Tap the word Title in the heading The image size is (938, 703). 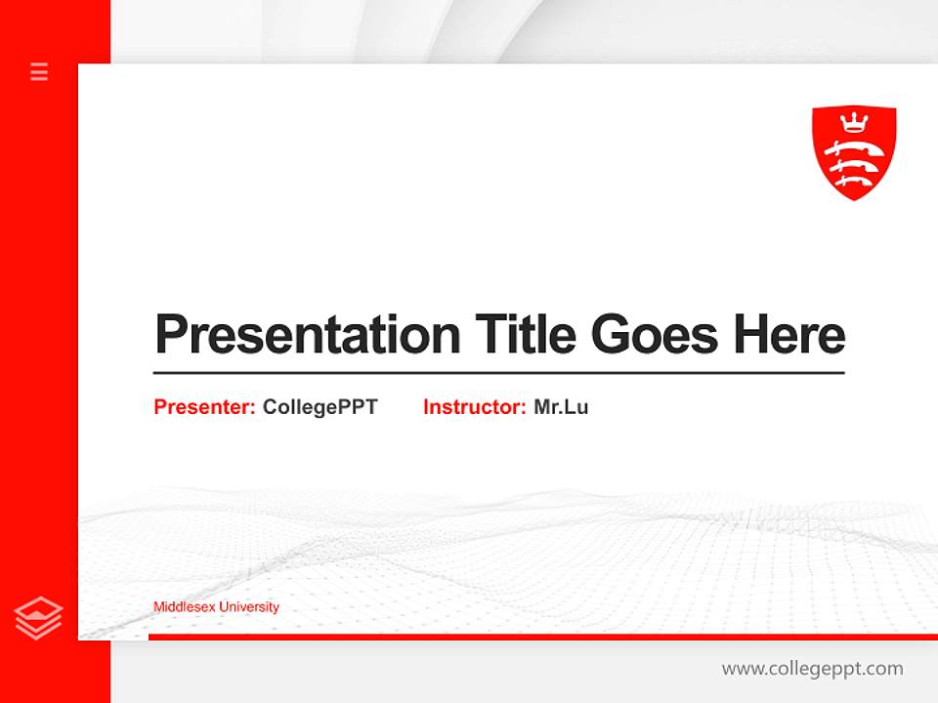pyautogui.click(x=525, y=335)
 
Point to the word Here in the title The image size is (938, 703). pyautogui.click(x=789, y=335)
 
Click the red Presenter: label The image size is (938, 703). pyautogui.click(x=204, y=407)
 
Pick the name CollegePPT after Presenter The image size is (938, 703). pyautogui.click(x=320, y=407)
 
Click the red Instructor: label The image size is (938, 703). pyautogui.click(x=474, y=407)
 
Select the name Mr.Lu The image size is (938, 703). pyautogui.click(x=561, y=407)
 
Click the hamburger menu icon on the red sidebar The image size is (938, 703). pyautogui.click(x=39, y=71)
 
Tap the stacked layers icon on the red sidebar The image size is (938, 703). pyautogui.click(x=39, y=617)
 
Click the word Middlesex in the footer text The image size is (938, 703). pyautogui.click(x=184, y=607)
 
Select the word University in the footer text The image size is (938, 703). pyautogui.click(x=248, y=607)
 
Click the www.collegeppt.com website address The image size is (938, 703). pyautogui.click(x=812, y=669)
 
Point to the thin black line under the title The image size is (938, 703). pyautogui.click(x=498, y=373)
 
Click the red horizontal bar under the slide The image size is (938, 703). pyautogui.click(x=537, y=637)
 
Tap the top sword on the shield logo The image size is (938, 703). pyautogui.click(x=853, y=149)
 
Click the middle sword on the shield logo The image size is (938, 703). pyautogui.click(x=853, y=165)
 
